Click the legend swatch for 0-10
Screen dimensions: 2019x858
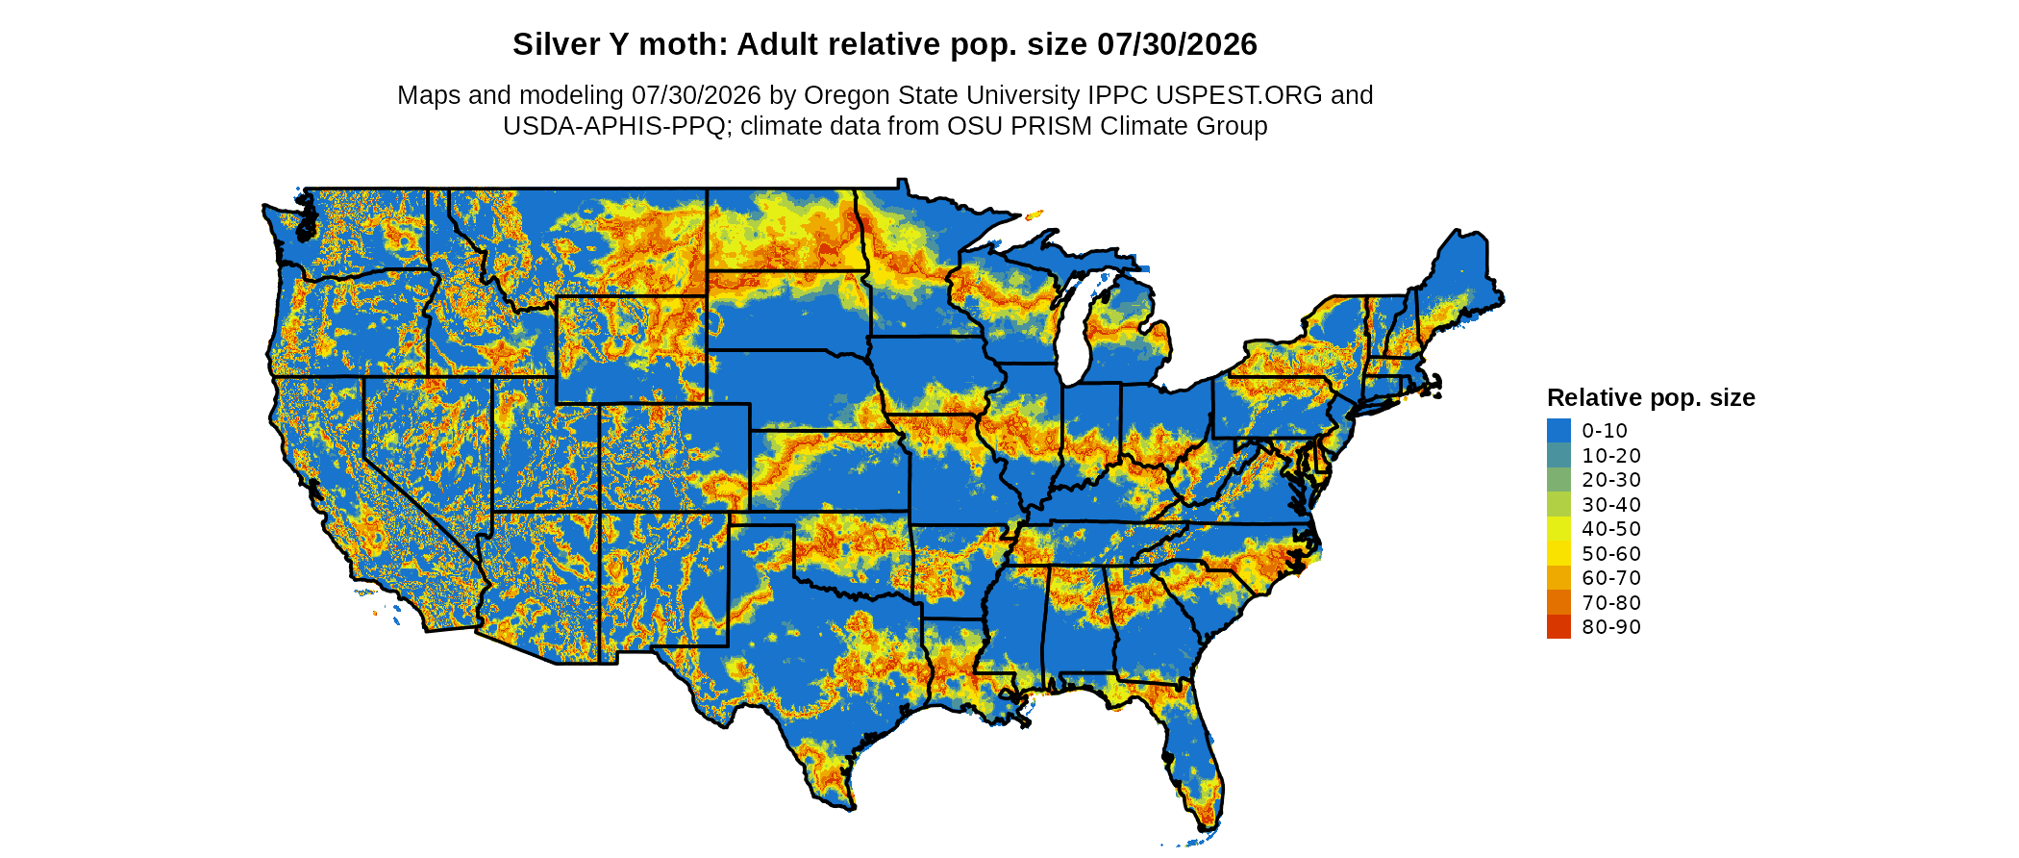[1558, 431]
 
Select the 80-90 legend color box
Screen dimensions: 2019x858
[1558, 627]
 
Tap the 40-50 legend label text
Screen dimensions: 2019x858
[1611, 529]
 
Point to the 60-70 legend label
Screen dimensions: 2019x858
[1611, 578]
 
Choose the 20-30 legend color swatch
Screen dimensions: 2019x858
[1558, 480]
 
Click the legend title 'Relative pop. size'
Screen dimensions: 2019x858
[1651, 397]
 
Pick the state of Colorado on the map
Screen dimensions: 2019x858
[674, 457]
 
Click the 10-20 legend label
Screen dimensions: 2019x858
[1611, 456]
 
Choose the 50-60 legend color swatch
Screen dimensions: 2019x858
[1558, 553]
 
